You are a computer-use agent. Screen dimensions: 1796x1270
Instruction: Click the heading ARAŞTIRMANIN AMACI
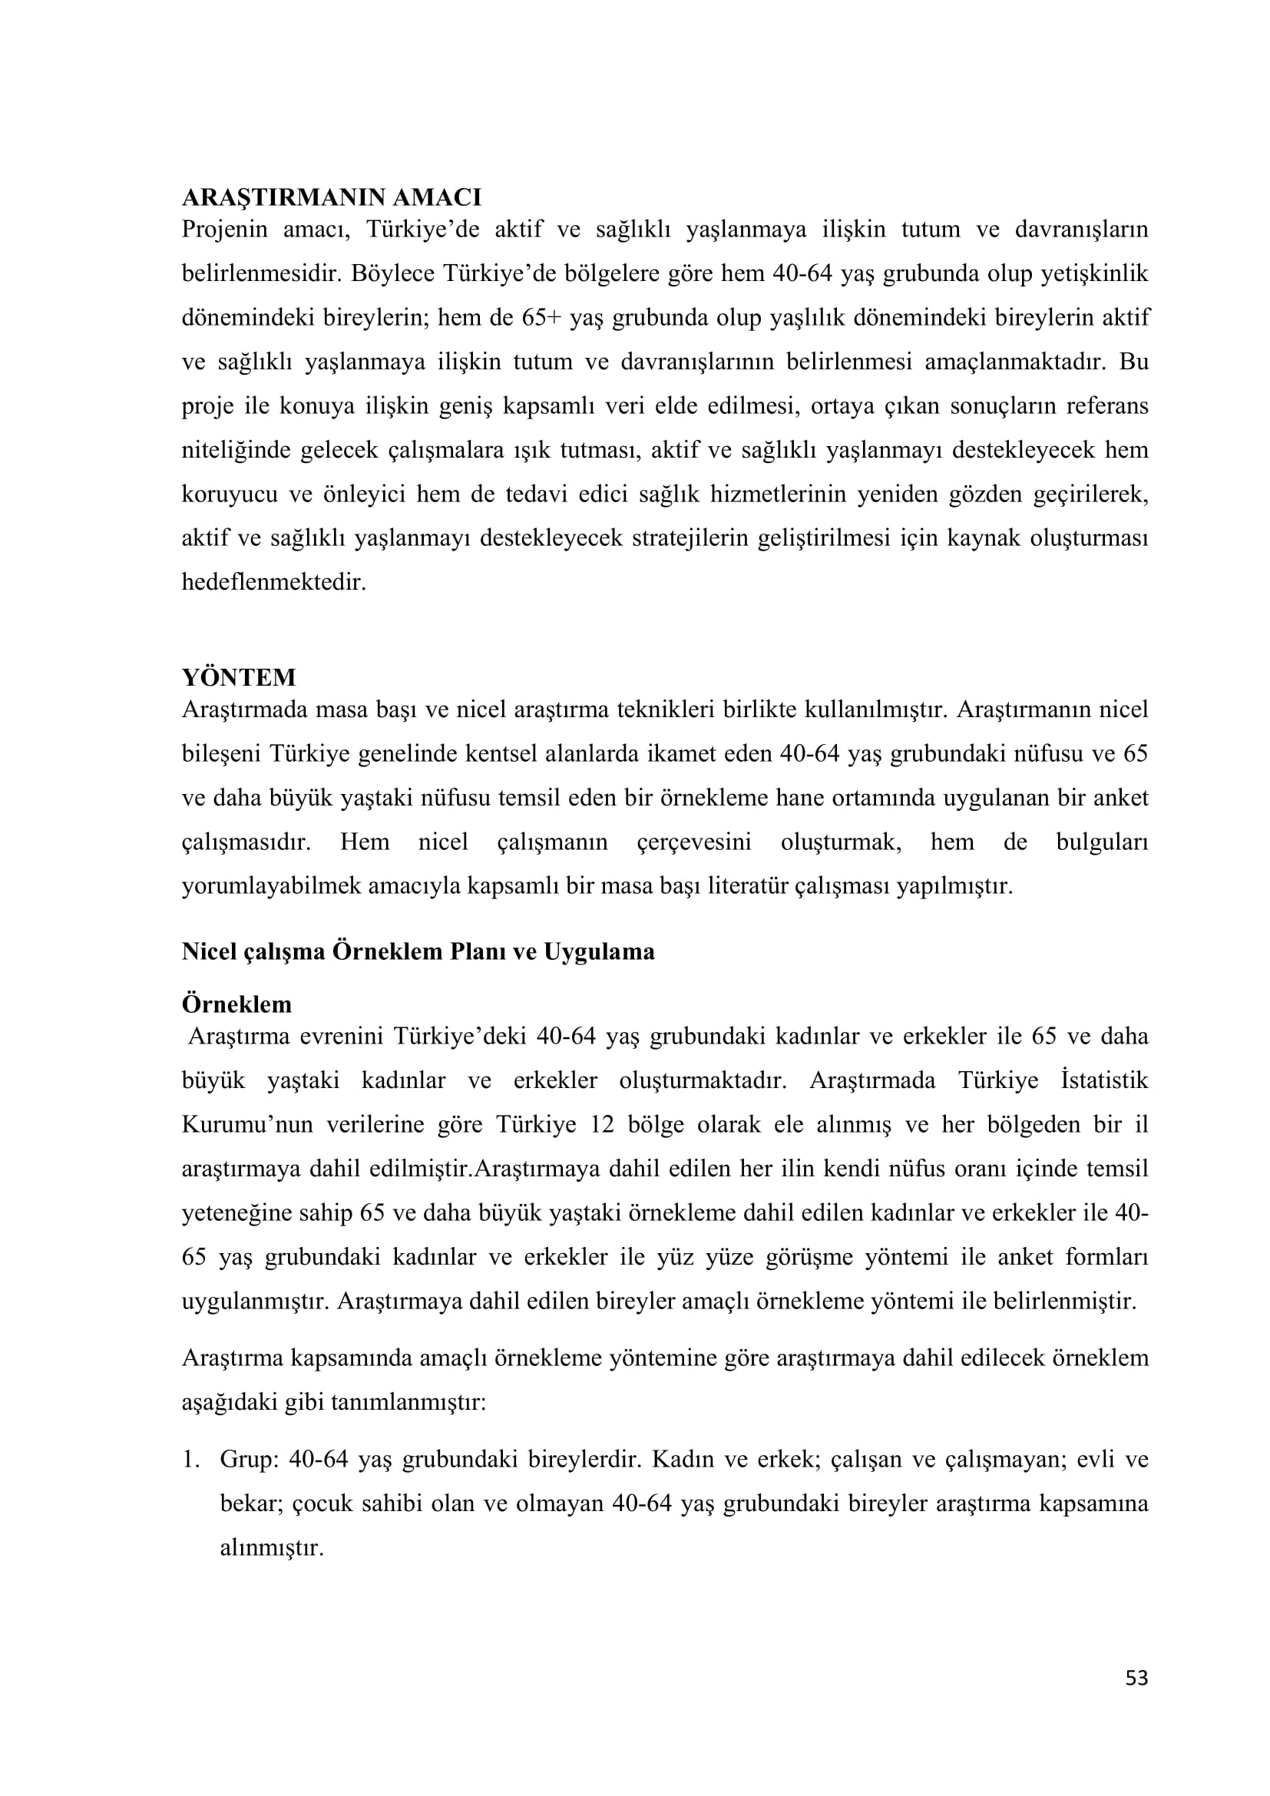tap(331, 197)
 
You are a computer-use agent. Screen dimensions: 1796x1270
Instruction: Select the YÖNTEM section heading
tap(239, 677)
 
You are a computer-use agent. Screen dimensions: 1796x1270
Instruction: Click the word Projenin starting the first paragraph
tap(224, 230)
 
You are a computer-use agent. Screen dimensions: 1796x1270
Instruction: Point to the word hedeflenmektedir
tap(273, 583)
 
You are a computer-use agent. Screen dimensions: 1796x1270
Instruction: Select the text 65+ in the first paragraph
tap(540, 319)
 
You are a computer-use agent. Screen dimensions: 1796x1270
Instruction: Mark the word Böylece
tap(396, 274)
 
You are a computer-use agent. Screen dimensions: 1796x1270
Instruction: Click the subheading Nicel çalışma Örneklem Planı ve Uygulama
tap(418, 952)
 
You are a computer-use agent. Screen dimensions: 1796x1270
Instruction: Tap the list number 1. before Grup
tap(192, 1460)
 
